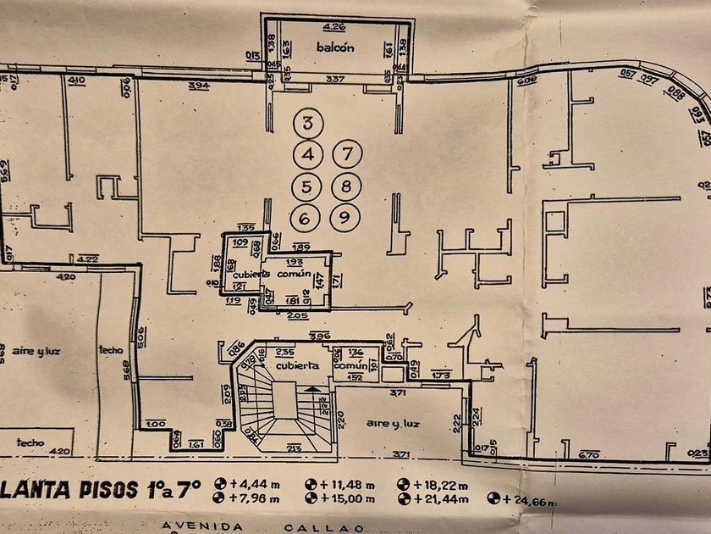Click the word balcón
pyautogui.click(x=335, y=48)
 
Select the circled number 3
pyautogui.click(x=308, y=125)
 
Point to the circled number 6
pyautogui.click(x=305, y=218)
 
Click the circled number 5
pyautogui.click(x=306, y=186)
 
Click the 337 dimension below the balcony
pyautogui.click(x=337, y=81)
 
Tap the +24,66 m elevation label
pyautogui.click(x=525, y=503)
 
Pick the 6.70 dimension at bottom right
pyautogui.click(x=589, y=455)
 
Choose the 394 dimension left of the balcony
pyautogui.click(x=199, y=87)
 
